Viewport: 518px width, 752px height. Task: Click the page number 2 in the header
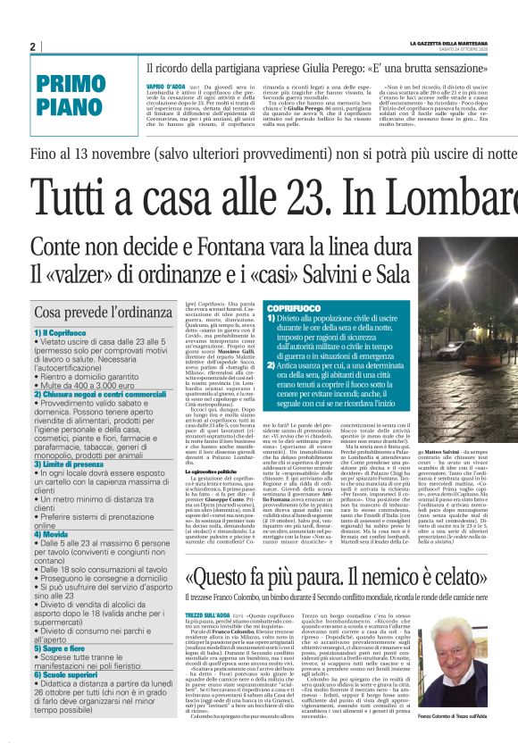pyautogui.click(x=32, y=46)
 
